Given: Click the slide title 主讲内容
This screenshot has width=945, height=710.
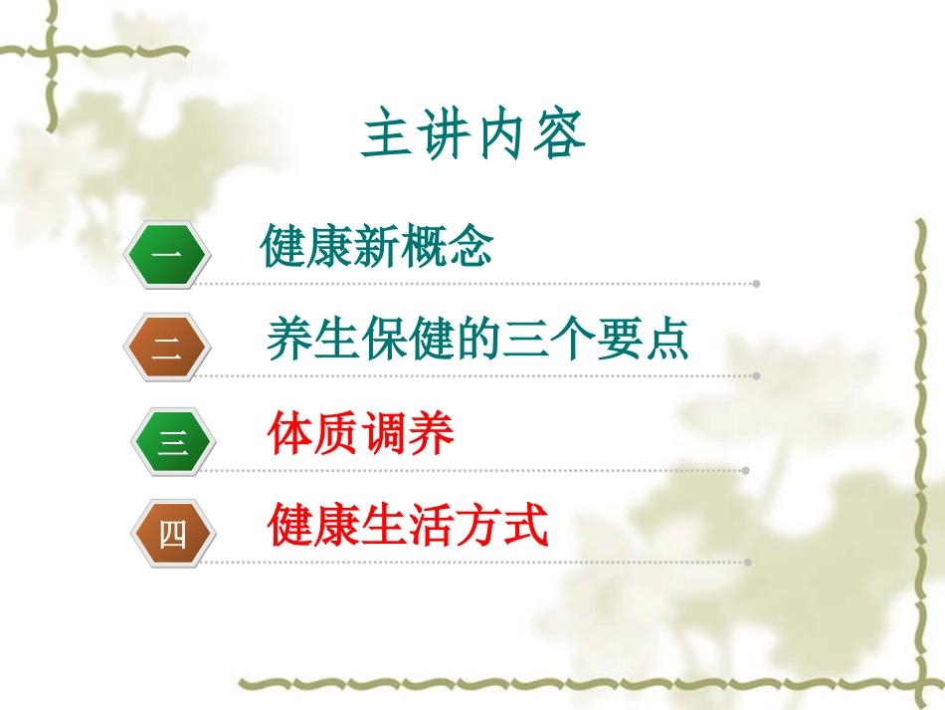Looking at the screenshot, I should click(473, 136).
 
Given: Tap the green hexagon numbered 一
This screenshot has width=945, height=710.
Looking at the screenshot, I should click(167, 256).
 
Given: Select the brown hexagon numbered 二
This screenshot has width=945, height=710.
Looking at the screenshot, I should click(167, 349).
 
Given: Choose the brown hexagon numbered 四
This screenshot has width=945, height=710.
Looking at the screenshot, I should click(172, 534).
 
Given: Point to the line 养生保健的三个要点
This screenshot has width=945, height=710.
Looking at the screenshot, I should click(477, 340).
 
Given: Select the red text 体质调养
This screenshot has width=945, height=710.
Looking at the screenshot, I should click(361, 433).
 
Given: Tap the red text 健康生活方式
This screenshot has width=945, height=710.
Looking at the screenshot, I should click(408, 525).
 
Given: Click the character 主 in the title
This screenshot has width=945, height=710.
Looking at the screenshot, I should click(386, 136).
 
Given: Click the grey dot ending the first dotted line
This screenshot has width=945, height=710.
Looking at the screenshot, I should click(757, 284).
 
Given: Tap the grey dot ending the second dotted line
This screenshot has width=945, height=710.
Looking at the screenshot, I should click(757, 376).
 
